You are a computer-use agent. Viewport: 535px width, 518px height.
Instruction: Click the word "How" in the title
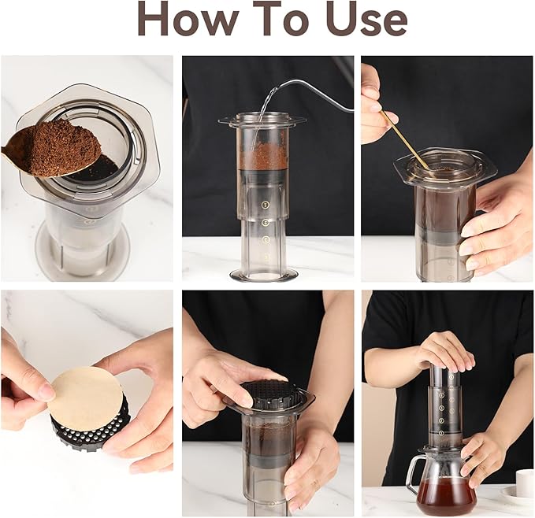pyautogui.click(x=188, y=19)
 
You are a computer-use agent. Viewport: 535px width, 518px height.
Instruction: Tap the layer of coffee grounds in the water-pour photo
pyautogui.click(x=263, y=156)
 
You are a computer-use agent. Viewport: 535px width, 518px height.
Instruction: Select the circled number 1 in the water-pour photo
pyautogui.click(x=266, y=205)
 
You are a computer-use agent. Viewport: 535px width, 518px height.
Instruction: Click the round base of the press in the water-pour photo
pyautogui.click(x=264, y=274)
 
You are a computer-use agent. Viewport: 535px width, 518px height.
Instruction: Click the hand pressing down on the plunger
pyautogui.click(x=445, y=350)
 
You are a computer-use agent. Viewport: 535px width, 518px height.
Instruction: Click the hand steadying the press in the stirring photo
pyautogui.click(x=494, y=220)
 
